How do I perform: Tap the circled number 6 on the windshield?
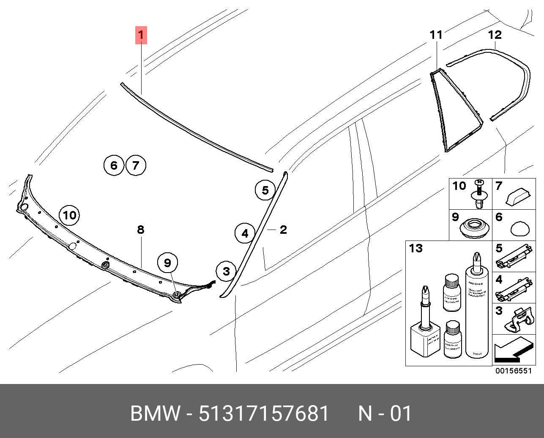click(x=114, y=165)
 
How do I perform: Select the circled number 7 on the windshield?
click(x=135, y=165)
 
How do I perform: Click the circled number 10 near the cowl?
click(x=69, y=216)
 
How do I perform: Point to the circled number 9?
click(x=168, y=263)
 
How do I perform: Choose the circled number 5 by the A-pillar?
click(x=265, y=190)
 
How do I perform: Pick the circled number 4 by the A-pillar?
click(x=245, y=233)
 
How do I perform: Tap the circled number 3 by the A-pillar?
click(x=226, y=271)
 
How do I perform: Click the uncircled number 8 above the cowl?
click(x=141, y=230)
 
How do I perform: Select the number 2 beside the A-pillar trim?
click(x=283, y=230)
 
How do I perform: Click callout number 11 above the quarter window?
click(x=436, y=35)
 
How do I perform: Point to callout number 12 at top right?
click(x=495, y=35)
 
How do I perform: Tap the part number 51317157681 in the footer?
click(x=264, y=414)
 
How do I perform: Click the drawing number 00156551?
click(x=513, y=371)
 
